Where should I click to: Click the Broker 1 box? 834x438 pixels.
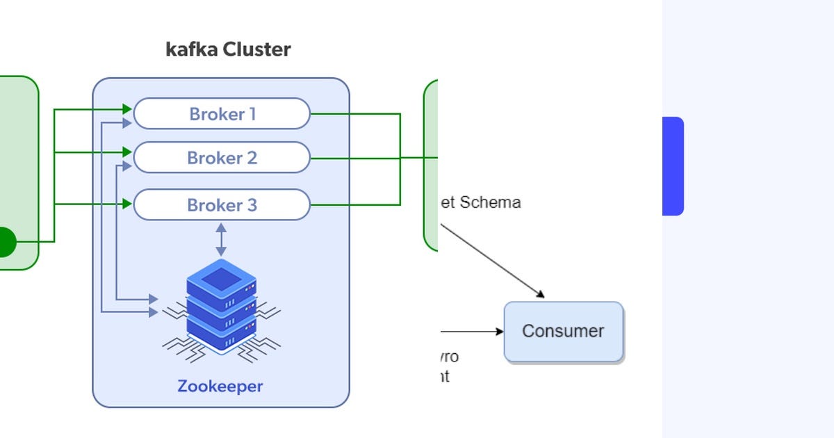(221, 113)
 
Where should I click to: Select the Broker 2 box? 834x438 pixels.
(221, 158)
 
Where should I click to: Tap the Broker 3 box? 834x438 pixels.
(221, 205)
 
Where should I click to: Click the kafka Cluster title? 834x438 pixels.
(228, 50)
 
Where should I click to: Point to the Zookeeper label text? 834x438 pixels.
(220, 386)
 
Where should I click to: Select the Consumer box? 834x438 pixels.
(563, 332)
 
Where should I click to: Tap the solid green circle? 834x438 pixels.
(4, 242)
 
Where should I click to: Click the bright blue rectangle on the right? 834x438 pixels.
(673, 166)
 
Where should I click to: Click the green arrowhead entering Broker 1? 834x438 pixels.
(127, 109)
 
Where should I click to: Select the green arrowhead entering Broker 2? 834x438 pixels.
(127, 152)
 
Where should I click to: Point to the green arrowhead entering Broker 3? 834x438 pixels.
(127, 204)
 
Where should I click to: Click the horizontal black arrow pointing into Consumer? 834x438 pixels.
(473, 332)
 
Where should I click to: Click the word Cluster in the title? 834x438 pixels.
(256, 50)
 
